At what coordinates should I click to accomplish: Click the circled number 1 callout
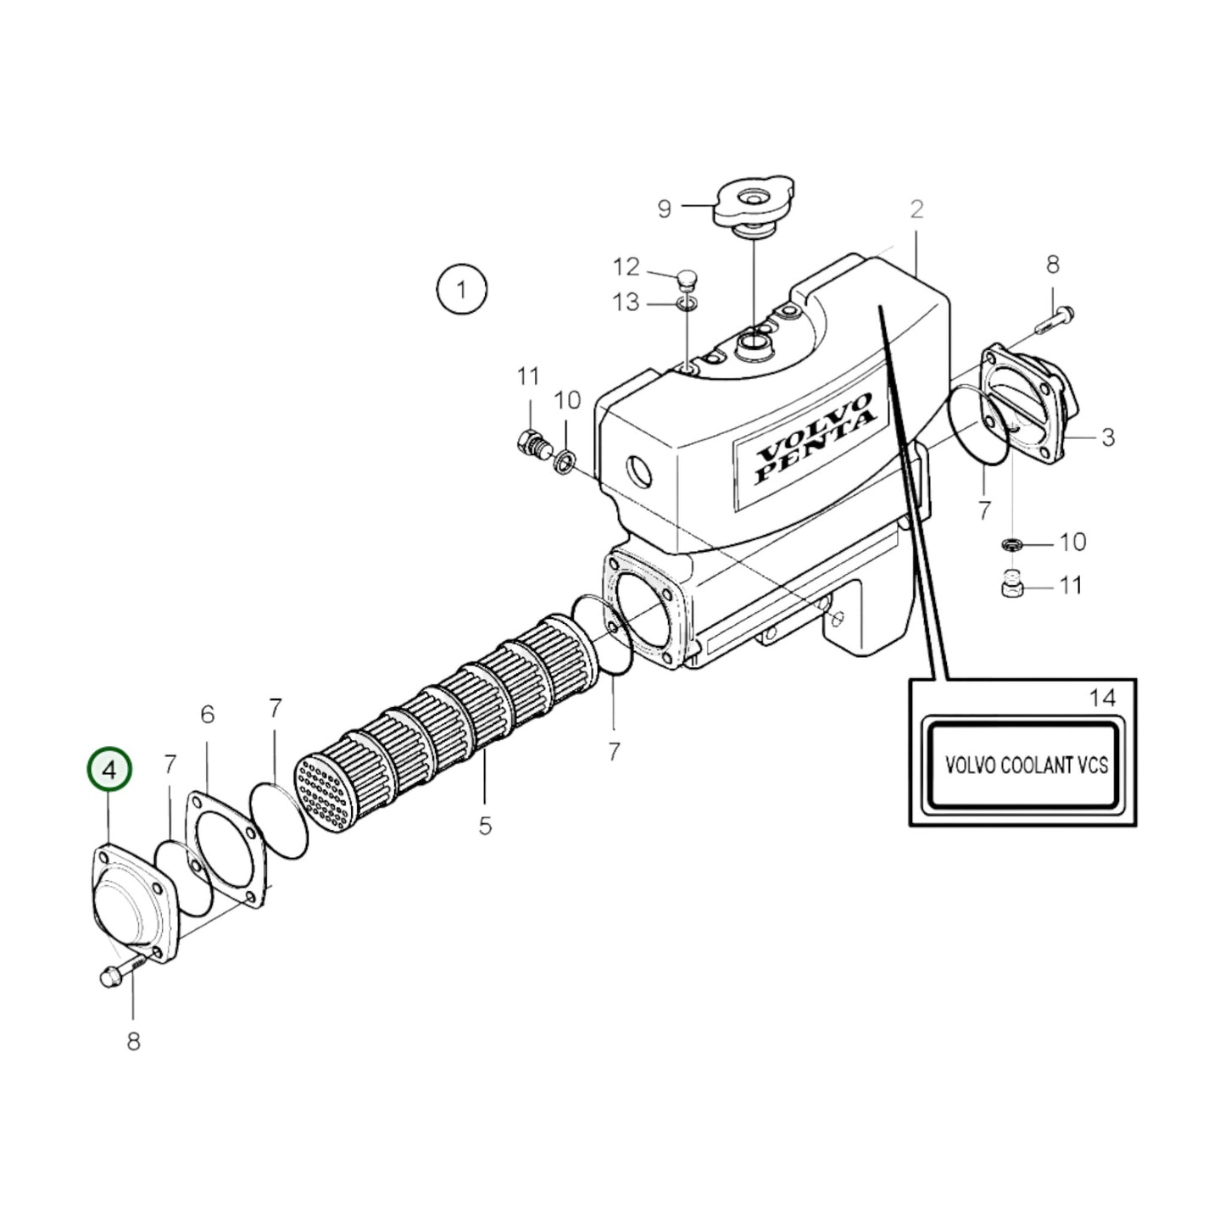pos(461,290)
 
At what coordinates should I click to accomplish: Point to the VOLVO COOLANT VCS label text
pos(1026,765)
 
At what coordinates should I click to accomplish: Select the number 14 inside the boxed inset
pos(1102,698)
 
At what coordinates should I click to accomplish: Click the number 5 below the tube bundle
pos(484,825)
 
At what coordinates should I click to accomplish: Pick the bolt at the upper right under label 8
pos(1055,320)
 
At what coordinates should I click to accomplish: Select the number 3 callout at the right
pos(1107,437)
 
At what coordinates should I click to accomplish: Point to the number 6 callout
pos(208,715)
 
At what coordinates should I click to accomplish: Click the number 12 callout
pos(626,267)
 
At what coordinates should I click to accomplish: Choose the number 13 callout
pos(626,302)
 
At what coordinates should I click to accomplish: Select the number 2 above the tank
pos(916,209)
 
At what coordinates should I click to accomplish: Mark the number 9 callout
pos(664,209)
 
